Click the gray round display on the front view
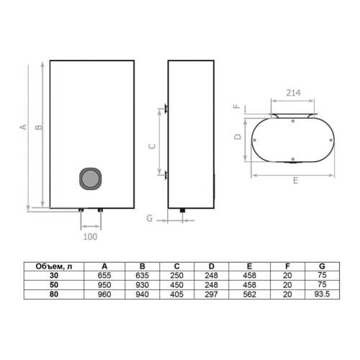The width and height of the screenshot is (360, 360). pyautogui.click(x=90, y=178)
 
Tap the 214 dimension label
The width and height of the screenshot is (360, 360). pyautogui.click(x=293, y=93)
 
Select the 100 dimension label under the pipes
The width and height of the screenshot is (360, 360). pyautogui.click(x=90, y=237)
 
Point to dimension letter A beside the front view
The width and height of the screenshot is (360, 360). pyautogui.click(x=23, y=127)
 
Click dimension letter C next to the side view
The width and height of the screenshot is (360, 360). pyautogui.click(x=152, y=146)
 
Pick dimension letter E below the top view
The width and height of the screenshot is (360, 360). pyautogui.click(x=295, y=181)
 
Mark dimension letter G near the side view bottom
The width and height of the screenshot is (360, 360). pyautogui.click(x=150, y=218)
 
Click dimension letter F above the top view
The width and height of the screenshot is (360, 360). pyautogui.click(x=237, y=106)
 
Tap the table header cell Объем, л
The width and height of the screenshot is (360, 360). pyautogui.click(x=54, y=266)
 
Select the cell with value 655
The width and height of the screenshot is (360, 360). pyautogui.click(x=104, y=275)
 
